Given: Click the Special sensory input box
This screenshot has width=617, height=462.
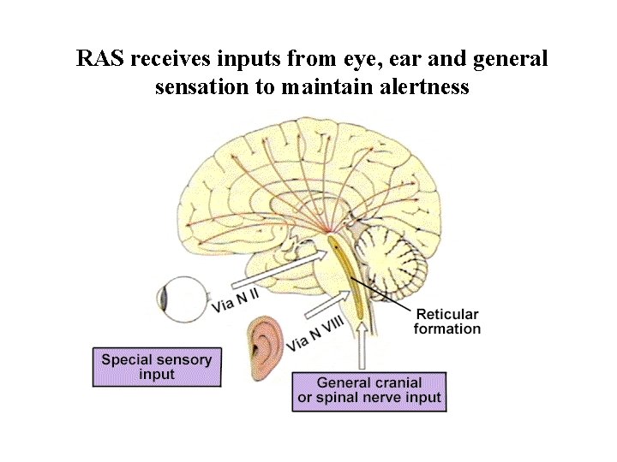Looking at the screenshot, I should click(x=156, y=366).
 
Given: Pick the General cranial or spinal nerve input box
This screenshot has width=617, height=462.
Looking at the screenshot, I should click(x=369, y=390).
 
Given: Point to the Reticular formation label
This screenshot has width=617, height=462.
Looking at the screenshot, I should click(x=446, y=321).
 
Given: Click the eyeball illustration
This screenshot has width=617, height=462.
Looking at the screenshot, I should click(x=183, y=299).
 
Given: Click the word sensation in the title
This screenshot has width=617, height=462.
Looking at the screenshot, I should click(x=196, y=87).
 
